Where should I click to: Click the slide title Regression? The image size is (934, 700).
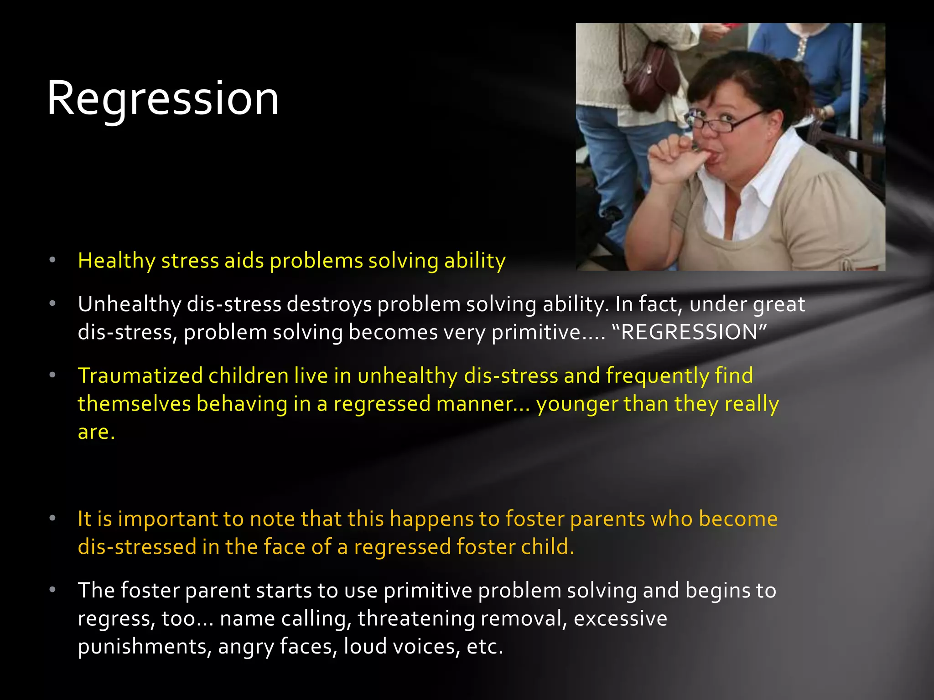point(162,98)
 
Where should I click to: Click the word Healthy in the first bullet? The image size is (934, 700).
point(117,261)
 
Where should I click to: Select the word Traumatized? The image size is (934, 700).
point(140,376)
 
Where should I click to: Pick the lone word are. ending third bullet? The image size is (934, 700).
point(96,432)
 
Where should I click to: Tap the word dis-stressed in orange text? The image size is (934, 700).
point(137,547)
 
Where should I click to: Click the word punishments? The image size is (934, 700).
point(144,647)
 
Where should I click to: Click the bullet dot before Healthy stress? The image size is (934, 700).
point(52,260)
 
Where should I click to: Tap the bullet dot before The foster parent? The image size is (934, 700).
point(52,590)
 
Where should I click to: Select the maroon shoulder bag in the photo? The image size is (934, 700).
point(650,75)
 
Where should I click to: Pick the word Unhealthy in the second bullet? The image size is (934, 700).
point(129,304)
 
